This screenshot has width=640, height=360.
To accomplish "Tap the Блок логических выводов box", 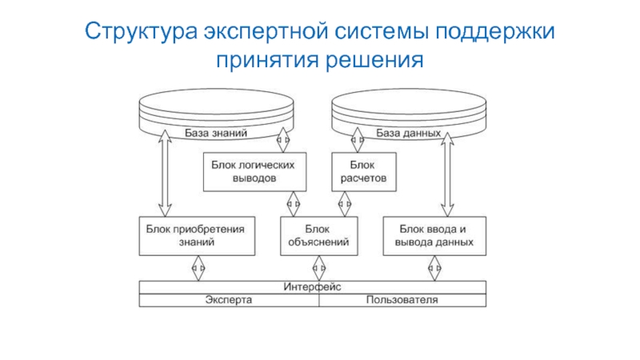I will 254,171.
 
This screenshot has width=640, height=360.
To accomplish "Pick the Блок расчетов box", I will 363,171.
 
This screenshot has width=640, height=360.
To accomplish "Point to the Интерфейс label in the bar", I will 313,286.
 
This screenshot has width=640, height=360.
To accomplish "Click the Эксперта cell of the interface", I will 229,300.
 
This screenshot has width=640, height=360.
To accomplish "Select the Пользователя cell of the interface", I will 402,300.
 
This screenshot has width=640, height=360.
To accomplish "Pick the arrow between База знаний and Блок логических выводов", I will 282,142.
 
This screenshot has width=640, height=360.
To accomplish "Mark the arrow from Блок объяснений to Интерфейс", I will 319,267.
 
